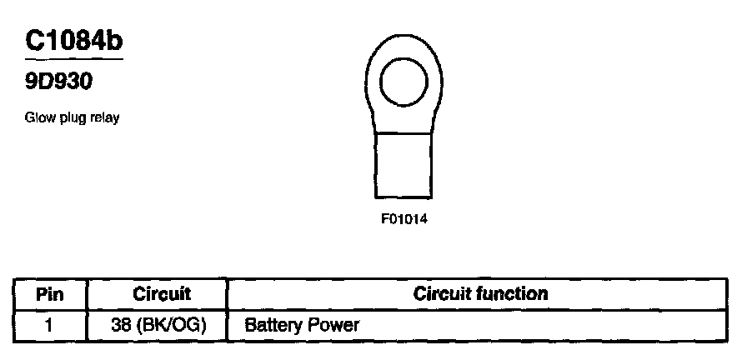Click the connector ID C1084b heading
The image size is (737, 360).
tap(74, 42)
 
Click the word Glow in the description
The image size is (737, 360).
tap(38, 118)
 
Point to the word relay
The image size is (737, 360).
tap(103, 118)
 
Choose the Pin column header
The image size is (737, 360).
tap(50, 294)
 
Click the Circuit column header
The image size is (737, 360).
tap(162, 293)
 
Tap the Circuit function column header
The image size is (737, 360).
tap(480, 293)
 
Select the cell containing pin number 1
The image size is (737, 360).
tap(49, 324)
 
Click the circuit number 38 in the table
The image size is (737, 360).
tap(121, 324)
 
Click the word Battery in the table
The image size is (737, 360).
tap(269, 324)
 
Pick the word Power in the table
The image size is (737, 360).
tap(330, 324)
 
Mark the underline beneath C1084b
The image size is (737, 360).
tap(74, 60)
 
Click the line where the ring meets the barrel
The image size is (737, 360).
tap(404, 132)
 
